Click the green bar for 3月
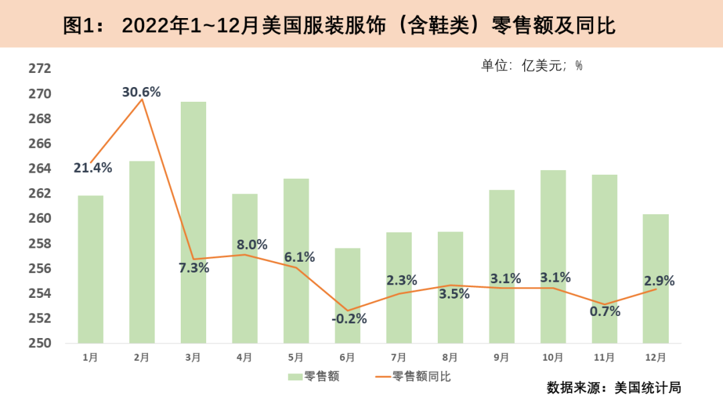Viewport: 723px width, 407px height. point(193,222)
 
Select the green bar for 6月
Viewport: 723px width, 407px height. point(347,296)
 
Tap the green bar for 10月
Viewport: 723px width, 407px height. point(553,256)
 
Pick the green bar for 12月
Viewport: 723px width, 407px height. point(655,278)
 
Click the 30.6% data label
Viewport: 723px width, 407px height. point(141,92)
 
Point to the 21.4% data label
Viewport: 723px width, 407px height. point(92,168)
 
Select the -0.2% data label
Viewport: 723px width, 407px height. point(349,319)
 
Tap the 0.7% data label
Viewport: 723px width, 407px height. point(605,311)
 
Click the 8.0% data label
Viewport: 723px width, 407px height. point(252,245)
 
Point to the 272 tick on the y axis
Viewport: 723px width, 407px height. point(40,68)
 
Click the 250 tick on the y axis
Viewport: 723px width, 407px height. point(40,343)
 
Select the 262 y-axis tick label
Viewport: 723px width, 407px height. point(40,193)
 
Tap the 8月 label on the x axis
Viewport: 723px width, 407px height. point(450,357)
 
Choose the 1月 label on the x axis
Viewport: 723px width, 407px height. point(90,357)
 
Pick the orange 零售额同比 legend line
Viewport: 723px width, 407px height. point(382,377)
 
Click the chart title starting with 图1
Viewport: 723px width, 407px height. point(339,25)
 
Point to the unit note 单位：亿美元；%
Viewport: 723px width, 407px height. point(532,66)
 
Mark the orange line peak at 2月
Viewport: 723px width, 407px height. point(142,100)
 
